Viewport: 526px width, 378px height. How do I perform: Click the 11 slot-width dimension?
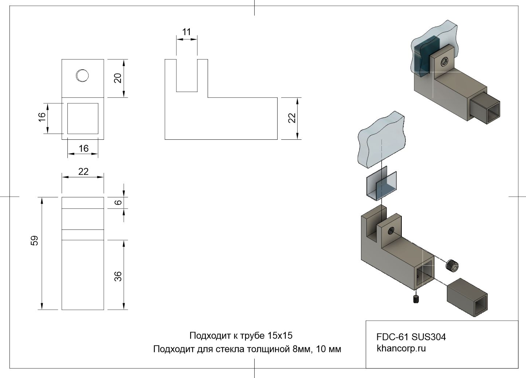click(x=187, y=32)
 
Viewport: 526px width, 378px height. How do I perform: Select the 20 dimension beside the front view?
click(x=118, y=78)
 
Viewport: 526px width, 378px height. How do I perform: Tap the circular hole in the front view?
click(x=82, y=76)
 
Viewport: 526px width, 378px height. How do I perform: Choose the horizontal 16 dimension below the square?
click(x=83, y=148)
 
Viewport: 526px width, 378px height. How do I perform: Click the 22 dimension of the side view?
click(x=292, y=118)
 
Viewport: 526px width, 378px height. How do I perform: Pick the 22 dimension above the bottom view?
click(x=83, y=171)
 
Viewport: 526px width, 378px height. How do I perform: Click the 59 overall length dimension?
click(x=34, y=241)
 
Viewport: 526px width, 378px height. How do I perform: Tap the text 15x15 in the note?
click(x=280, y=335)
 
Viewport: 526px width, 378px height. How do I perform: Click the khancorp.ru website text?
click(x=401, y=348)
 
